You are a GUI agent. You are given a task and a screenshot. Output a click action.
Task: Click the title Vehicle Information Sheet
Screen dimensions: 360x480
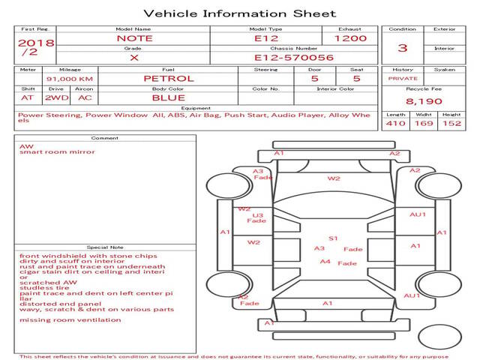point(239,13)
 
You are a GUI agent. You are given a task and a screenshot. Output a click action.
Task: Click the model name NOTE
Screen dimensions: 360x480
point(134,37)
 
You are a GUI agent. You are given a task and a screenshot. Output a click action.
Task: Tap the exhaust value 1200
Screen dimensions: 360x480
point(350,37)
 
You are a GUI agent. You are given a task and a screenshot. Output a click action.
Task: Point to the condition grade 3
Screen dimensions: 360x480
point(403,48)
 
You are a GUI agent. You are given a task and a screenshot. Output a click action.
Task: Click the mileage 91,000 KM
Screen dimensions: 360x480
point(69,78)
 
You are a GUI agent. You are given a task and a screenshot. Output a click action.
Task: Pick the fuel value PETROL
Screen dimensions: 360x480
point(168,78)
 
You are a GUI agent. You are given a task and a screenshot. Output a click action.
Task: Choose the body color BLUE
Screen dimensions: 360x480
point(168,97)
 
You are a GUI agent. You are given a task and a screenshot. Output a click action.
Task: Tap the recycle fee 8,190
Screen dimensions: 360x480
point(424,101)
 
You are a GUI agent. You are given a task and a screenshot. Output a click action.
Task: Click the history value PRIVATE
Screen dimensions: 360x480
point(403,78)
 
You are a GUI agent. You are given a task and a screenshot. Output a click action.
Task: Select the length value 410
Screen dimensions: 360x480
point(395,124)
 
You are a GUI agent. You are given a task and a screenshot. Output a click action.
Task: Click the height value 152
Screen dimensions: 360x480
point(451,124)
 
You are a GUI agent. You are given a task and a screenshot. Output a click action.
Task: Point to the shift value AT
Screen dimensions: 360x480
point(28,97)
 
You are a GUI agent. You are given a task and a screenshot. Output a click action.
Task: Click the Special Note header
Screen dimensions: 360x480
point(105,247)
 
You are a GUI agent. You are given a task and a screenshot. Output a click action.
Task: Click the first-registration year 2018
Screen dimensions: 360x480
point(36,43)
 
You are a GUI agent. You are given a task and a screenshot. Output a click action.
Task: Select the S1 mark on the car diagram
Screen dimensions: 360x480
point(333,238)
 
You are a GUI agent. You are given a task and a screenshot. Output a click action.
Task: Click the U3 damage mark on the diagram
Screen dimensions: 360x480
point(258,215)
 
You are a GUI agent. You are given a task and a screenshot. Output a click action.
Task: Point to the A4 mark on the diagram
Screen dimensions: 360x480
point(325,262)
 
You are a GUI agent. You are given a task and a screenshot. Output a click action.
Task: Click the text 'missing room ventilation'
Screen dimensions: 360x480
point(70,320)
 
